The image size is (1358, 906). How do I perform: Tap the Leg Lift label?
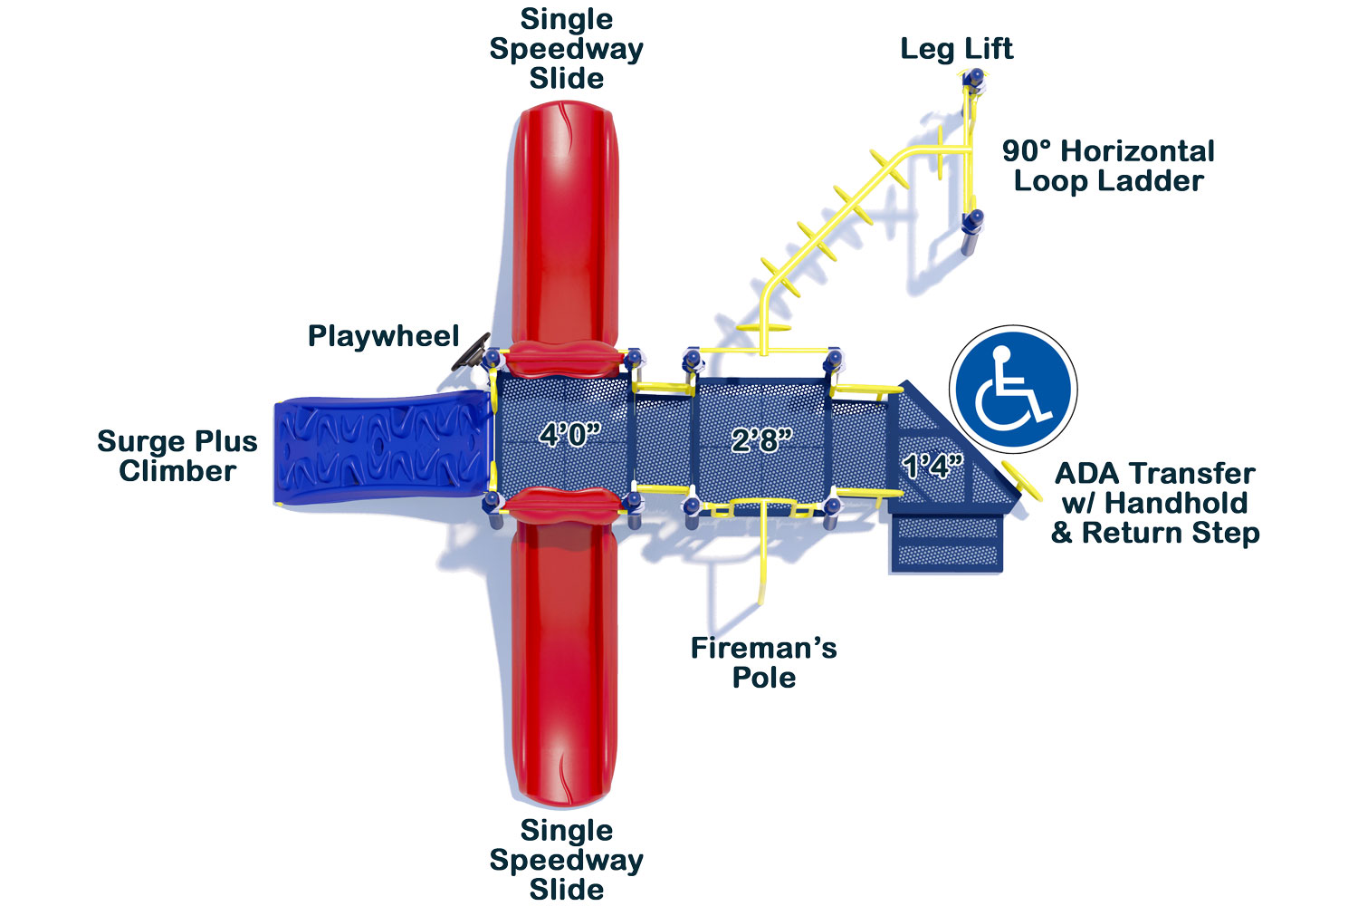point(956,49)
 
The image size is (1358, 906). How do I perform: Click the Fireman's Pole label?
point(763,662)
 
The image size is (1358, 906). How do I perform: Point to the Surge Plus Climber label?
point(177,457)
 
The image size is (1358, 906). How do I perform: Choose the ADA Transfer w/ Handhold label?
point(1155,488)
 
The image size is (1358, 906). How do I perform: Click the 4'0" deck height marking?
point(569,435)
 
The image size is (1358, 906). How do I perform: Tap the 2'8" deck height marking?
point(761,440)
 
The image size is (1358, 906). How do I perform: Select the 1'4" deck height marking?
point(932,467)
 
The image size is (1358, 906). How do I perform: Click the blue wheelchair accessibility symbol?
point(1013,389)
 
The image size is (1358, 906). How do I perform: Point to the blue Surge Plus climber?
point(382,448)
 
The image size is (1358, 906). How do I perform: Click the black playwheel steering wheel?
point(471,352)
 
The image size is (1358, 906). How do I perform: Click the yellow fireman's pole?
point(762,553)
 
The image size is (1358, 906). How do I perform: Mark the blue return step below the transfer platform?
point(947,544)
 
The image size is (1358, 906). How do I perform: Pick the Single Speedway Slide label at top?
point(566,49)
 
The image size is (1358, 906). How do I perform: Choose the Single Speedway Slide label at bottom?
point(566,860)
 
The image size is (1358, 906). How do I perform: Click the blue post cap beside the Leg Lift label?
point(975,78)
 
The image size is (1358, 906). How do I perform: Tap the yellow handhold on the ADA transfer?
point(1021,480)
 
